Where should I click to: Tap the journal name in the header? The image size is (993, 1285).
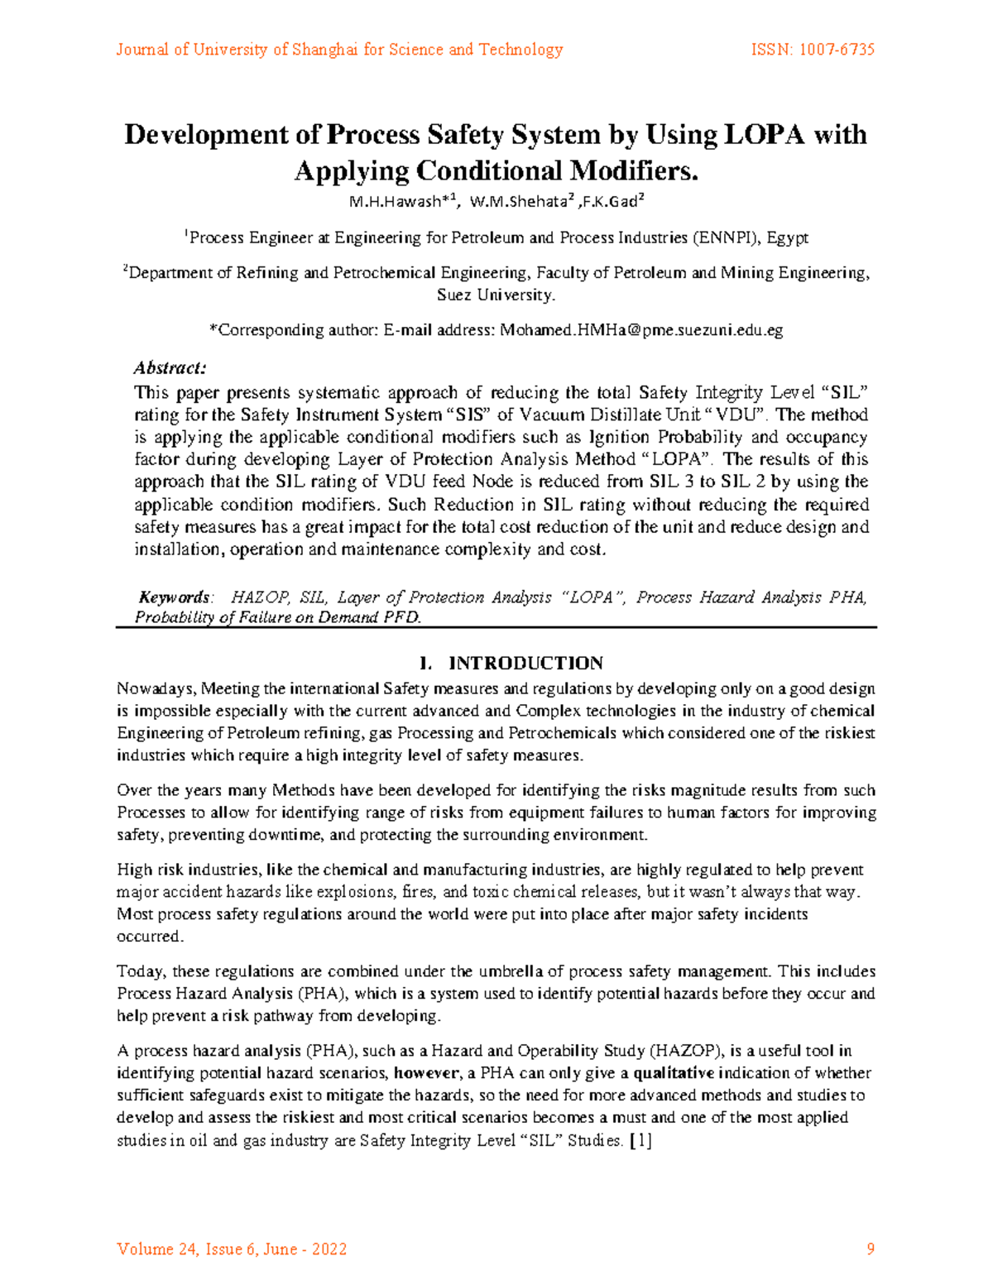[339, 50]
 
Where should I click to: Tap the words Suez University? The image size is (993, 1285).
[496, 295]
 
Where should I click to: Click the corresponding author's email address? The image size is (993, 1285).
[641, 330]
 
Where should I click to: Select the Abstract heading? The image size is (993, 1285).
[170, 367]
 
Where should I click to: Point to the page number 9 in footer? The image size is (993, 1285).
[870, 1249]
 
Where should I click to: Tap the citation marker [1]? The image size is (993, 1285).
[641, 1140]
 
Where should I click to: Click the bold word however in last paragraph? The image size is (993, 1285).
[426, 1073]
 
